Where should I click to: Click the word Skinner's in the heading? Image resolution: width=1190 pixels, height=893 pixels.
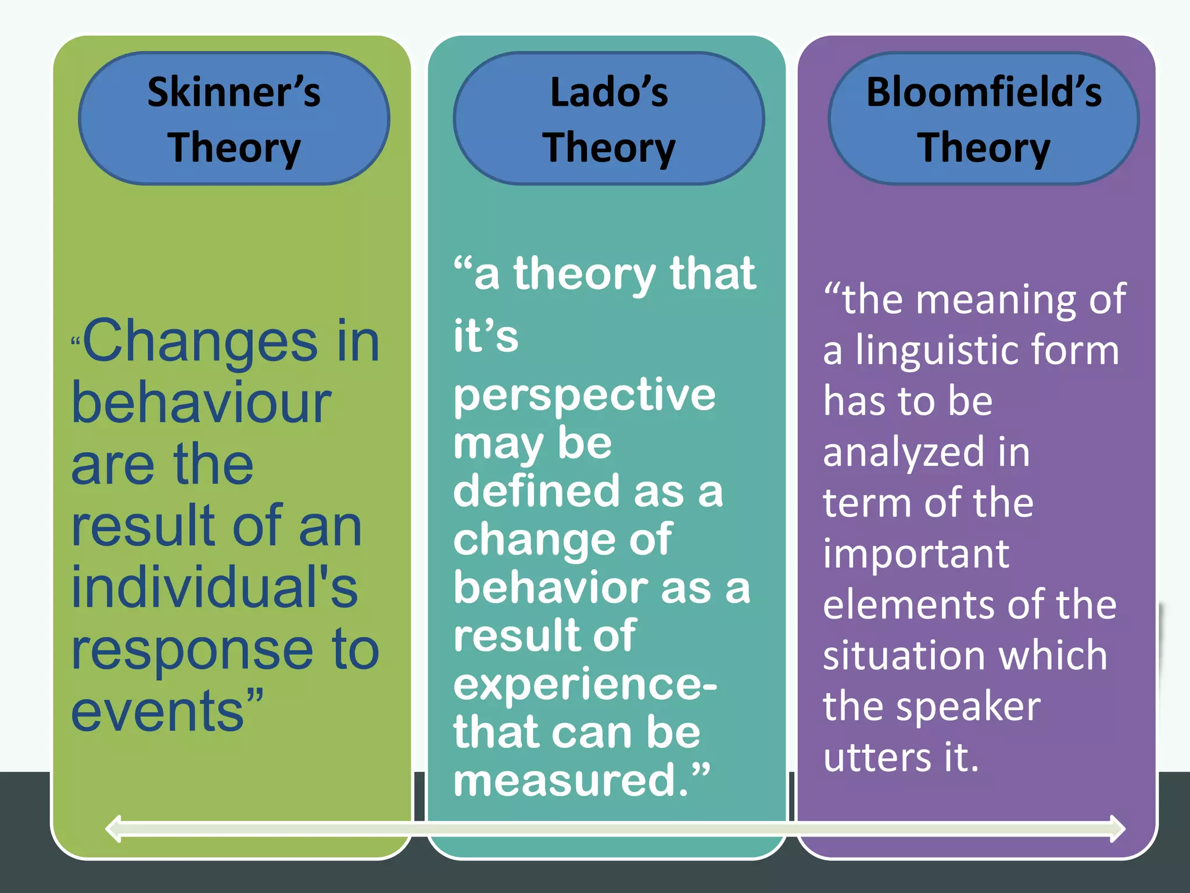tap(234, 92)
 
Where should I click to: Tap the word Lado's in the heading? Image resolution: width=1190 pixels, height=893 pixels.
tap(609, 92)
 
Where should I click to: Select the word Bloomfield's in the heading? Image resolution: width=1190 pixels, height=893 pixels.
tap(984, 92)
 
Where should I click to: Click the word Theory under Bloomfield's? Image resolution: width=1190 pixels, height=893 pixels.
tap(984, 148)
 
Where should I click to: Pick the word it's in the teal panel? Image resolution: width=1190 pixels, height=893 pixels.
tap(486, 336)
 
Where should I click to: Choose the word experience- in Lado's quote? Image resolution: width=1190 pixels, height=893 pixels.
tap(585, 685)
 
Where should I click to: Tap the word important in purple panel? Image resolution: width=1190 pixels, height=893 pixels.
tap(916, 555)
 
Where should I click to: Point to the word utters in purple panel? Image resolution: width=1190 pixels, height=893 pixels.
tap(877, 758)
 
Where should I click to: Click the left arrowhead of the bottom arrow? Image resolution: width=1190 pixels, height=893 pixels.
tap(113, 828)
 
